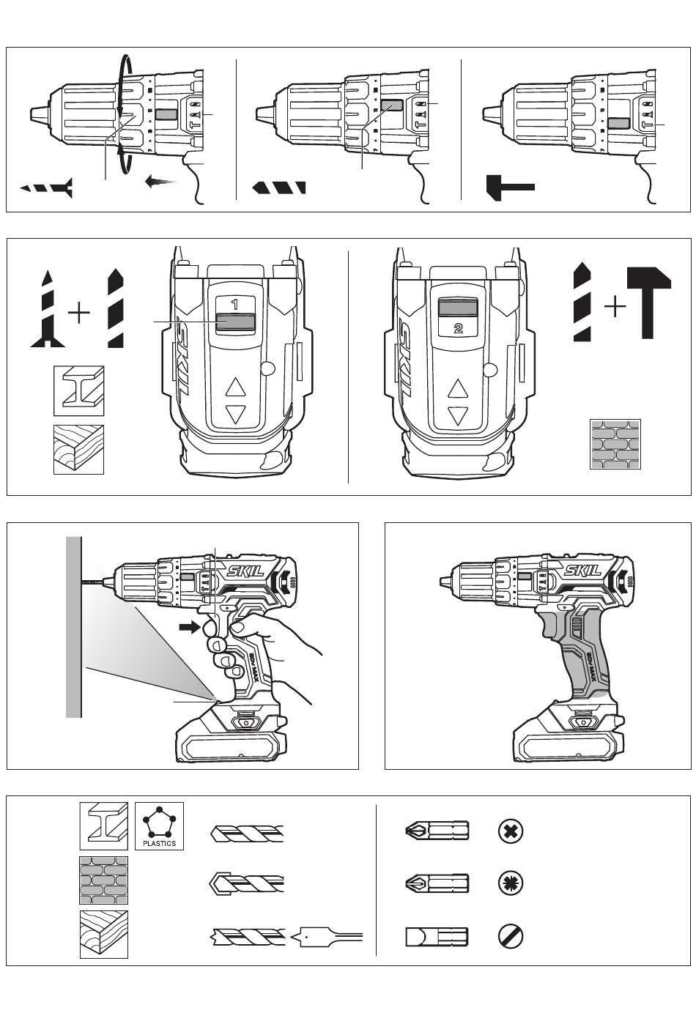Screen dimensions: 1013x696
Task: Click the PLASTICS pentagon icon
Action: (159, 825)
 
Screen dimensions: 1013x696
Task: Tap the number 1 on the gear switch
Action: (235, 303)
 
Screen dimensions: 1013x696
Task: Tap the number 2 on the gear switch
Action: (458, 328)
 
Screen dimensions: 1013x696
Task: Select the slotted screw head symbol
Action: (510, 937)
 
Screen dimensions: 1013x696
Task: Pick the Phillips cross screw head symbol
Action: (510, 831)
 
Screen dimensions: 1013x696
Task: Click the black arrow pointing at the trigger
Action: (191, 627)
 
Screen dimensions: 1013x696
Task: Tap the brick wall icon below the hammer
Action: (615, 444)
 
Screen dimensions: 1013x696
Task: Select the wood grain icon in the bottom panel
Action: (103, 934)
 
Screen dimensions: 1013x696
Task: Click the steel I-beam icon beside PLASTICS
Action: (104, 825)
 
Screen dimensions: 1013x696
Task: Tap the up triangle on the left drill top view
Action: (235, 387)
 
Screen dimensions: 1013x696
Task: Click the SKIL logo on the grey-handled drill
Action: (582, 571)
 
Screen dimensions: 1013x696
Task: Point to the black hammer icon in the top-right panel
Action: (511, 186)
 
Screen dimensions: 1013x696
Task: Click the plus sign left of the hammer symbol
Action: (615, 307)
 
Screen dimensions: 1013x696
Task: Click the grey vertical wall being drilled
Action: (73, 626)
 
